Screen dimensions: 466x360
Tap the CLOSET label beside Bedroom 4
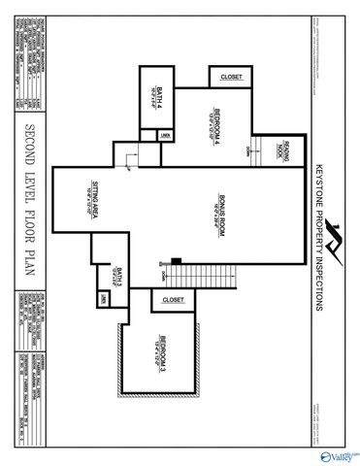[x=231, y=77]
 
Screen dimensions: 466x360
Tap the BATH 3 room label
[x=115, y=276]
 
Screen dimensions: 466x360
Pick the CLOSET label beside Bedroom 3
[x=173, y=301]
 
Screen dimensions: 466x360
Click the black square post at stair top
[x=176, y=260]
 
